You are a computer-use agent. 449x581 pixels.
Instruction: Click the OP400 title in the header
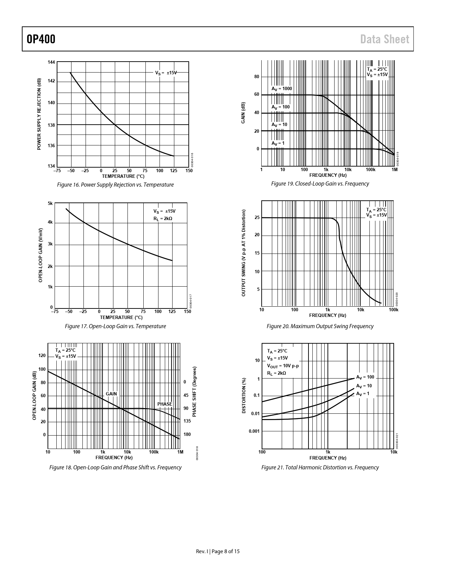tap(41, 39)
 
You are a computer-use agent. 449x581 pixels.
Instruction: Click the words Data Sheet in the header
tap(385, 39)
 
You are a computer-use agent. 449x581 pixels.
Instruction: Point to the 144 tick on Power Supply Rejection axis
tap(51, 62)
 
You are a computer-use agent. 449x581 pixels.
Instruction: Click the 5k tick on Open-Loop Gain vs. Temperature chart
tap(50, 204)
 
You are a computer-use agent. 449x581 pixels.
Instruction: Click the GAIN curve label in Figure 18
tap(111, 394)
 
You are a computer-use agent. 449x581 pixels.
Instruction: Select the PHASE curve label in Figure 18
tap(164, 404)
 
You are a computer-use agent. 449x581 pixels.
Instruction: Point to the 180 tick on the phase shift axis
tap(187, 435)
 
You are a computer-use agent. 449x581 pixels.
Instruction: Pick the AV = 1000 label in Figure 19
tap(281, 89)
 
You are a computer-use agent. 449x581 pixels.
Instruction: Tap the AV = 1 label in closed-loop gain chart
tap(278, 143)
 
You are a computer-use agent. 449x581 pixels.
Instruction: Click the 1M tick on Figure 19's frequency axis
tap(394, 170)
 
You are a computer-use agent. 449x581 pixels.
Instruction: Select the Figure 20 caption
tap(320, 326)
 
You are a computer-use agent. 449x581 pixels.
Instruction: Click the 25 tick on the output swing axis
tap(257, 218)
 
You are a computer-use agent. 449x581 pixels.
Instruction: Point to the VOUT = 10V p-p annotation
tap(283, 366)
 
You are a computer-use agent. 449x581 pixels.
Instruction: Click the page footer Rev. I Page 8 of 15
tap(218, 551)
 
